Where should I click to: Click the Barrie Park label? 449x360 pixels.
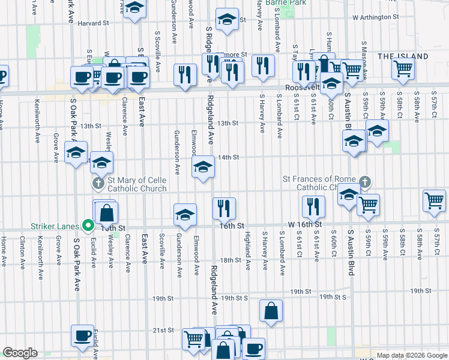tap(286, 2)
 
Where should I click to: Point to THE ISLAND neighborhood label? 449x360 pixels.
tap(403, 56)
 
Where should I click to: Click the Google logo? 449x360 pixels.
tap(20, 352)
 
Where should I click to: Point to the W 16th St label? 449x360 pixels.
tap(306, 224)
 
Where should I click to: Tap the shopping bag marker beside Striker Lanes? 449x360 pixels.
tap(106, 212)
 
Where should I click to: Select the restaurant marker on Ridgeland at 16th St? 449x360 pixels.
tap(224, 208)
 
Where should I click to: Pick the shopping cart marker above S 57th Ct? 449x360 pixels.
tap(435, 200)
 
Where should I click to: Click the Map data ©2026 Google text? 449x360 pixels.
tap(411, 355)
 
